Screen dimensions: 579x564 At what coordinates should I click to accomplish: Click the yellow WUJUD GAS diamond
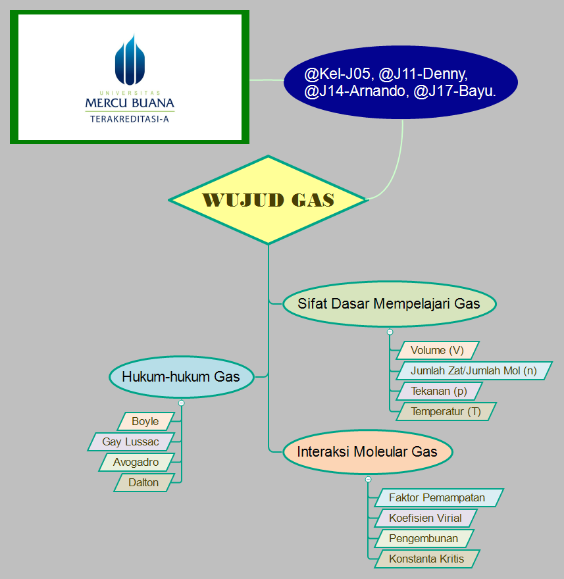tap(268, 200)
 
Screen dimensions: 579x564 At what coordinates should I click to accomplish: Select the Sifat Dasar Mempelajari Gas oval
tap(388, 304)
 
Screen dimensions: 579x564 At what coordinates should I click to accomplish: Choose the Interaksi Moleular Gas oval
tap(367, 452)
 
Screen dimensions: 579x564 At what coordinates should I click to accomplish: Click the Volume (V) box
tap(437, 350)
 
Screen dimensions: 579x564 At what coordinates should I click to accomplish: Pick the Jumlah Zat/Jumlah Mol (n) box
tap(473, 370)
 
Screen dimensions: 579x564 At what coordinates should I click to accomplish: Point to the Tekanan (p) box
tap(439, 391)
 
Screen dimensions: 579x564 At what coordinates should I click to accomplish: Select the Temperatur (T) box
tap(446, 412)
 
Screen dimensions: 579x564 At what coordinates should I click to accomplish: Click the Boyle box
tap(145, 422)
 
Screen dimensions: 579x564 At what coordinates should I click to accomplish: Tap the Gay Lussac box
tap(131, 442)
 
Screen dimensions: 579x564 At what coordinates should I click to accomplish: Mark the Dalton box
tap(143, 483)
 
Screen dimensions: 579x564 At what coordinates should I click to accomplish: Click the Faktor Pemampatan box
tap(437, 498)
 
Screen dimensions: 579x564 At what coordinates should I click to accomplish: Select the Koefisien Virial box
tap(425, 518)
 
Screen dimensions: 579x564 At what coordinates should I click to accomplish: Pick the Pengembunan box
tap(423, 539)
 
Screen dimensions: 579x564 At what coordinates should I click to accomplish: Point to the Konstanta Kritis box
tap(426, 559)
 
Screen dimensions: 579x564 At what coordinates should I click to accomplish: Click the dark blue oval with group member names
tap(400, 82)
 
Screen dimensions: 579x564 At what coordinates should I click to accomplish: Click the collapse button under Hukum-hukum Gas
tap(181, 403)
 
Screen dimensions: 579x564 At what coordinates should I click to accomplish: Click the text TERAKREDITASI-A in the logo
tap(130, 120)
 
